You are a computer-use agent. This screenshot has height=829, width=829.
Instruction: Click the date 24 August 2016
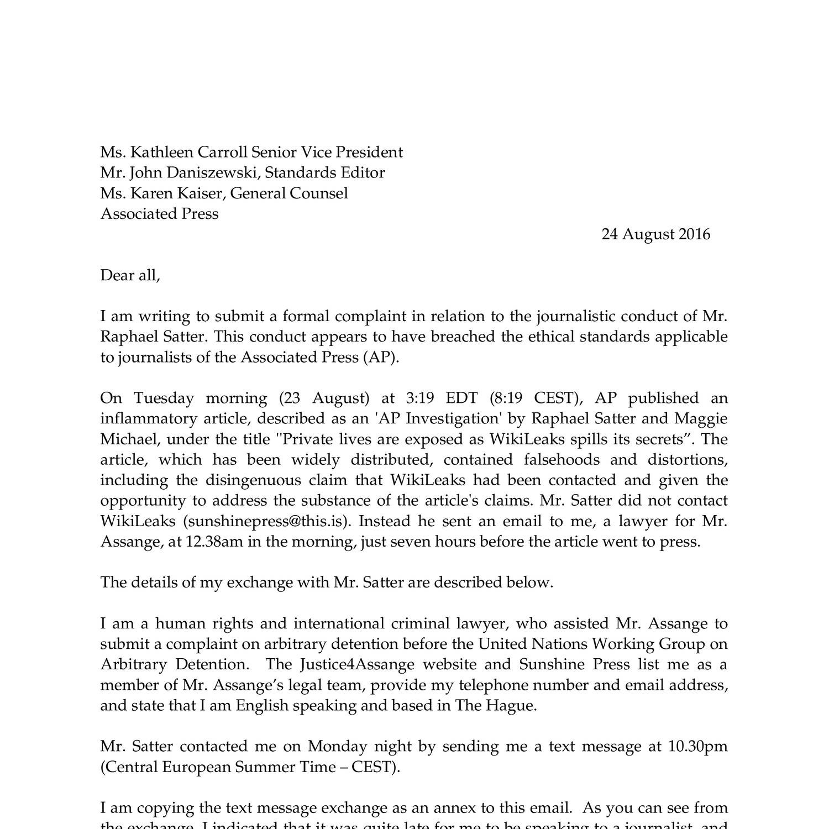pyautogui.click(x=655, y=234)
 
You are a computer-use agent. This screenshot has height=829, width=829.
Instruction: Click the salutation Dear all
pyautogui.click(x=130, y=275)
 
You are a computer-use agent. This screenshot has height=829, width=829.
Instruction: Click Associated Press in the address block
pyautogui.click(x=159, y=213)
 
